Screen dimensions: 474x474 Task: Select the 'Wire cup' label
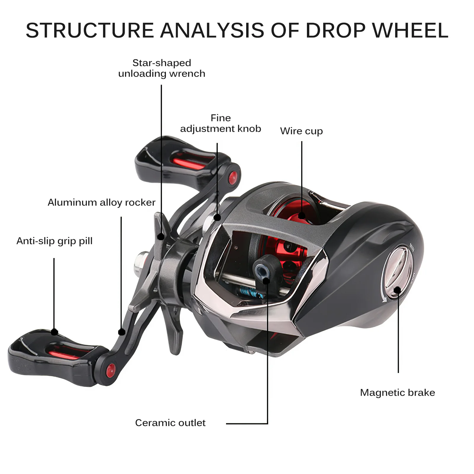[x=301, y=131]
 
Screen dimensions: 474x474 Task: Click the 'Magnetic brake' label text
[x=398, y=393]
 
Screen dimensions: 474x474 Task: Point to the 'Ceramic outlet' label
[x=170, y=423]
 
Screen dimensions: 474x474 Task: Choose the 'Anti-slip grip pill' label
[x=55, y=241]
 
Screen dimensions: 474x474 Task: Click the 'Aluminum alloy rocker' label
[x=102, y=202]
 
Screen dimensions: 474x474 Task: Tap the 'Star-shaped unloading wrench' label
[x=162, y=68]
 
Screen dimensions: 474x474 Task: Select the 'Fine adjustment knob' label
[x=221, y=123]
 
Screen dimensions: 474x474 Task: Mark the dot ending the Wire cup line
[x=302, y=215]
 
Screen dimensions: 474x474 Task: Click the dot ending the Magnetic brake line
[x=398, y=290]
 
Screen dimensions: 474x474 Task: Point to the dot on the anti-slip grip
[x=55, y=332]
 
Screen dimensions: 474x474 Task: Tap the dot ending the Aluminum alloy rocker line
[x=121, y=332]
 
